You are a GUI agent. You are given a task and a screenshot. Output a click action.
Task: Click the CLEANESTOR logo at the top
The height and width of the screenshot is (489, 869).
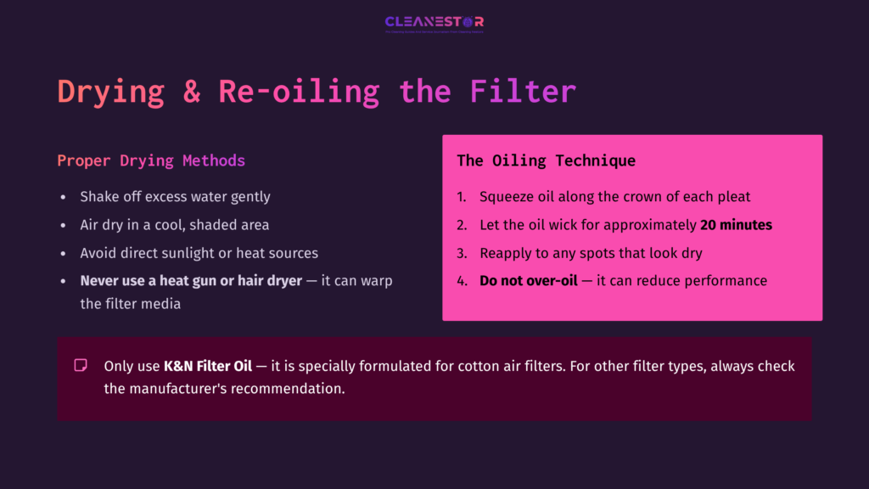pos(434,23)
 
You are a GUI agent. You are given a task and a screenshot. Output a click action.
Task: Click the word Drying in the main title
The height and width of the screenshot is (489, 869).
pos(110,91)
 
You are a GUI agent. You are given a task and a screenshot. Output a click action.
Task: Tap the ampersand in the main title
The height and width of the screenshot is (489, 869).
pos(192,91)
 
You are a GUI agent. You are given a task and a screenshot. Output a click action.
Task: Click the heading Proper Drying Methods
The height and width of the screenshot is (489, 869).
pos(151,160)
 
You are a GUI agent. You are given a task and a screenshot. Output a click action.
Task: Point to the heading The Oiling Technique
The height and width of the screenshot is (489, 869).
pos(546,160)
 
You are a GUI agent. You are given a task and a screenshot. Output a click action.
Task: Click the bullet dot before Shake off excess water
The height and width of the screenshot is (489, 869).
pos(63,197)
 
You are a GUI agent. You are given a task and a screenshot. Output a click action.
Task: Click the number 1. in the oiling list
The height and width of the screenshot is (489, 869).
pos(462,197)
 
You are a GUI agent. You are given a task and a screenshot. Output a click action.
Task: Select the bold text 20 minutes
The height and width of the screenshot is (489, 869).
pos(736,225)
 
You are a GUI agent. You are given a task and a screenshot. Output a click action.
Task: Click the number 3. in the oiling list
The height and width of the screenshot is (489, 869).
pos(462,253)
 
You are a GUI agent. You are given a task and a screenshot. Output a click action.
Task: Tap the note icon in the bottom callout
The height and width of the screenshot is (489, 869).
pos(81,366)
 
